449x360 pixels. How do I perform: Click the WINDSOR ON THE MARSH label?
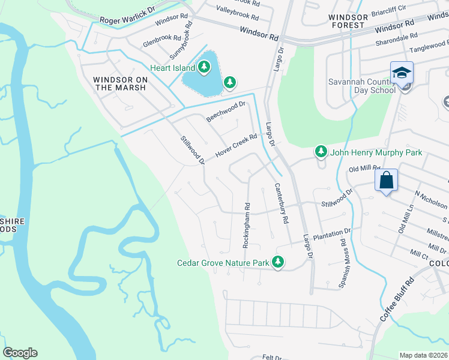click(x=120, y=83)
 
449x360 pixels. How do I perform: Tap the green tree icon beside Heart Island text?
click(x=206, y=67)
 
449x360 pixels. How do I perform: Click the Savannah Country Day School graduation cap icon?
click(x=402, y=73)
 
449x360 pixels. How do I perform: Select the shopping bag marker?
click(x=386, y=179)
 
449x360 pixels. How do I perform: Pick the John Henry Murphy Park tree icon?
click(x=321, y=152)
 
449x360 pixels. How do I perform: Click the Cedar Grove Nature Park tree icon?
click(x=277, y=262)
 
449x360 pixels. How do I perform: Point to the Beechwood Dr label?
click(x=226, y=112)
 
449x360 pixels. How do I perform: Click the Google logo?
click(x=20, y=353)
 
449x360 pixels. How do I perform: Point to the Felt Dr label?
click(x=272, y=357)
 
